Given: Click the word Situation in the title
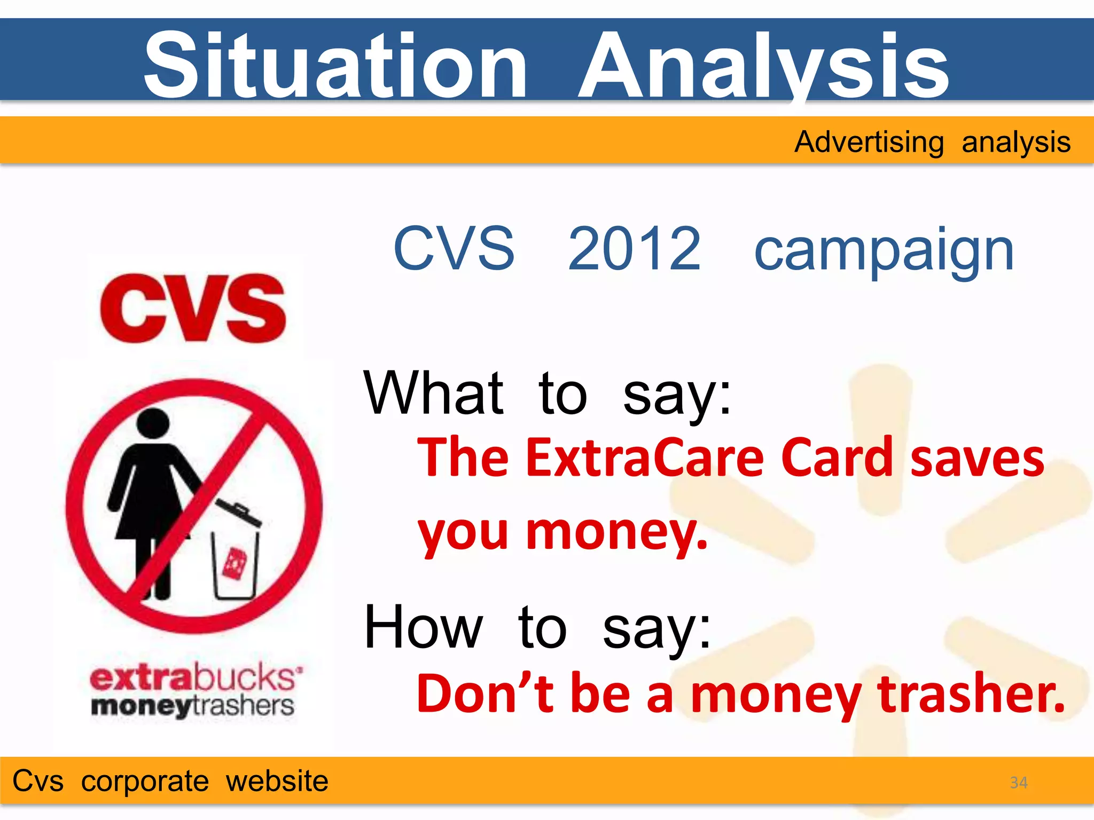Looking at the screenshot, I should (335, 65).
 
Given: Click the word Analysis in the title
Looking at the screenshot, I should (764, 65).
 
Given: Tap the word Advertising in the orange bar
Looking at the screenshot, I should (869, 143).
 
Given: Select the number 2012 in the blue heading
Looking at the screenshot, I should (634, 249).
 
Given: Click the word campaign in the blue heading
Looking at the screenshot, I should (884, 251).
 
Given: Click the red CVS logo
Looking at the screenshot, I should (193, 308).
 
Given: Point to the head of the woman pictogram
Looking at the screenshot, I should (153, 424).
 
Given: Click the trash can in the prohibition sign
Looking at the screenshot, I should (235, 563).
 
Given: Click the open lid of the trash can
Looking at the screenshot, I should (238, 512).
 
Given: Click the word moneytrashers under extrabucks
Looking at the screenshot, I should (192, 706).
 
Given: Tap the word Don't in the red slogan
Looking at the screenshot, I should (485, 694).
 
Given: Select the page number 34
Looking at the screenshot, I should (1018, 783).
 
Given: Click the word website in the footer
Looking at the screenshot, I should (277, 781).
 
